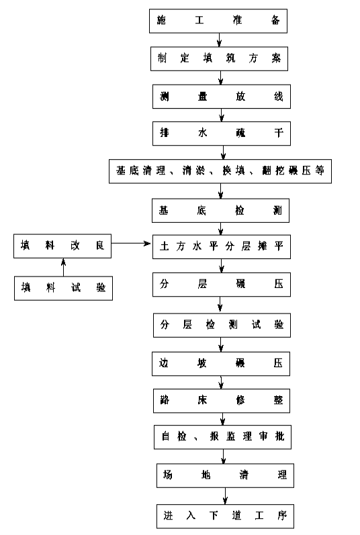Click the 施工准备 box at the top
click(x=218, y=21)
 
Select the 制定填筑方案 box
click(x=219, y=58)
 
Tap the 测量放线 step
click(x=222, y=97)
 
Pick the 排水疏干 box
click(x=222, y=134)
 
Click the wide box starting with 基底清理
click(x=220, y=171)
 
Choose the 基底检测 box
click(x=220, y=211)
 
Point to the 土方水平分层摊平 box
click(x=222, y=246)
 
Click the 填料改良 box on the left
click(x=62, y=246)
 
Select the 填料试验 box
click(x=63, y=289)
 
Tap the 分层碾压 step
click(x=222, y=285)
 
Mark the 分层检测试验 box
click(x=222, y=325)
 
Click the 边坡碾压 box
click(x=221, y=364)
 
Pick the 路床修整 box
click(x=222, y=401)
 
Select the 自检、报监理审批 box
click(x=222, y=437)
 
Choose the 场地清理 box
click(x=225, y=475)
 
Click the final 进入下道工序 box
click(x=225, y=516)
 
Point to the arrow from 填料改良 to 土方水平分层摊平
click(x=131, y=243)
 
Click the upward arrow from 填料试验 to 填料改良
click(x=63, y=267)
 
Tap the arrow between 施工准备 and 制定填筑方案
click(x=219, y=40)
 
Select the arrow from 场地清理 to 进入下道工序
click(x=225, y=496)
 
